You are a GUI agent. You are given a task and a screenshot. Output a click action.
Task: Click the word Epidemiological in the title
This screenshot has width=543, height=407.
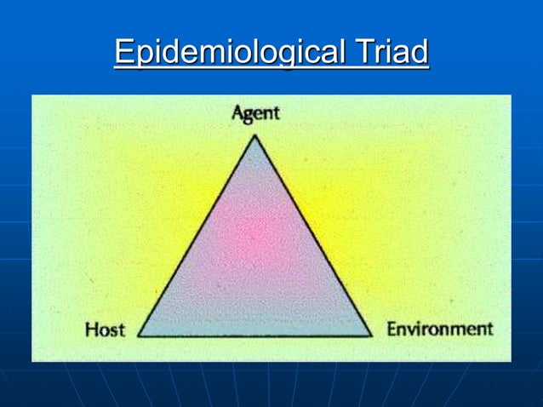click(x=226, y=53)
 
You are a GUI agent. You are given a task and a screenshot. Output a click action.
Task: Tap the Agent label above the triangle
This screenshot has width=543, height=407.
click(x=255, y=114)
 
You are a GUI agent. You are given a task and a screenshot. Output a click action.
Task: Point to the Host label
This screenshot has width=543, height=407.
click(x=105, y=330)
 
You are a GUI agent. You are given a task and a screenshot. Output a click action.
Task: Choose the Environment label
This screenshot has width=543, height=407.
click(x=439, y=329)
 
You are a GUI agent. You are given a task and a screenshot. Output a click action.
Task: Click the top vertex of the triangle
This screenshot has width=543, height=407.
click(x=254, y=135)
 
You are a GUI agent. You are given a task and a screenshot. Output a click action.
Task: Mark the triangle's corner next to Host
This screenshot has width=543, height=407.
click(x=138, y=335)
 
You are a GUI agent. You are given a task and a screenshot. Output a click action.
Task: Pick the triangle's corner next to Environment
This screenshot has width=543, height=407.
click(x=372, y=335)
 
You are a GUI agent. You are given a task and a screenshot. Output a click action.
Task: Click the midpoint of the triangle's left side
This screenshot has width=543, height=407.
click(x=197, y=235)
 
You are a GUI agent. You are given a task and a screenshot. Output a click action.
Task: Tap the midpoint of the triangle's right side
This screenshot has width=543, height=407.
click(x=313, y=235)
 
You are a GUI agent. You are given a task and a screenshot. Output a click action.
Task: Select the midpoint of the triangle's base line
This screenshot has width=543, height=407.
click(x=255, y=335)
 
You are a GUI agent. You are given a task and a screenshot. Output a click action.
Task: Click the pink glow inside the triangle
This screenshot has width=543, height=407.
click(x=253, y=234)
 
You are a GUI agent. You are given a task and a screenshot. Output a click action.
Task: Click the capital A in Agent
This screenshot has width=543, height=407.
click(x=237, y=114)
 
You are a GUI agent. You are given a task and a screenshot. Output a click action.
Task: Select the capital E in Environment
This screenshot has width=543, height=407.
click(x=392, y=329)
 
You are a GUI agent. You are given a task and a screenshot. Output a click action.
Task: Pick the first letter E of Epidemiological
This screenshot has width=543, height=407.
click(x=123, y=53)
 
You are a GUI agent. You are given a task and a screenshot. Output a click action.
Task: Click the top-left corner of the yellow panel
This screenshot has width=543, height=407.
click(x=32, y=95)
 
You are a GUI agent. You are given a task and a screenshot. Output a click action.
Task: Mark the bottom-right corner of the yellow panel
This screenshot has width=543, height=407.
click(x=511, y=361)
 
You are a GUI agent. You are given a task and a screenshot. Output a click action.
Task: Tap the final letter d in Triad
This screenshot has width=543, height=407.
click(x=419, y=53)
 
